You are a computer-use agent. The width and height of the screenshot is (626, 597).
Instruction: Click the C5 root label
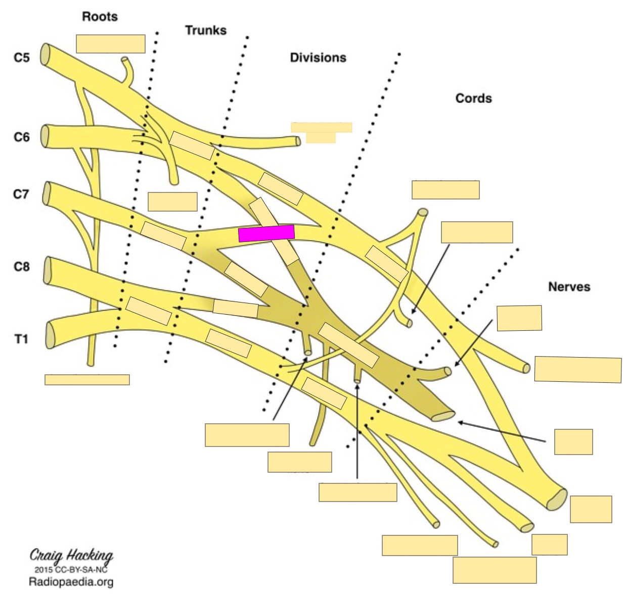coord(21,58)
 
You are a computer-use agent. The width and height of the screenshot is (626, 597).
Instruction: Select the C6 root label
coord(21,137)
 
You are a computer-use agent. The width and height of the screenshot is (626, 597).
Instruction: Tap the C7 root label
coord(21,194)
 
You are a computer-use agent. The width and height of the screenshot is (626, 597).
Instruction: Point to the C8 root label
coord(21,266)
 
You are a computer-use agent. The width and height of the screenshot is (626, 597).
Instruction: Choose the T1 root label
coord(21,339)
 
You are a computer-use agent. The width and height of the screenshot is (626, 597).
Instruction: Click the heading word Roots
coord(100,17)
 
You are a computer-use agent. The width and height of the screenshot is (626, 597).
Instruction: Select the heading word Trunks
coord(205,30)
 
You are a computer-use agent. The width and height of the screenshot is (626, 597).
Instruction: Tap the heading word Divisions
coord(318,58)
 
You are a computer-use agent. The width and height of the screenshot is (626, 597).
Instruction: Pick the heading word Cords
coord(473,98)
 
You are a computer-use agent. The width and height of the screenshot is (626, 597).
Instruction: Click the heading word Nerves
coord(569,287)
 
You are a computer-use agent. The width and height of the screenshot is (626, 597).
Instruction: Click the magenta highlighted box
coord(266,233)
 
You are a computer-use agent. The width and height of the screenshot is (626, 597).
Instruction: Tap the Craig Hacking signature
coord(71,556)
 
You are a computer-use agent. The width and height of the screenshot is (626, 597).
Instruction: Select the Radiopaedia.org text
coord(71,582)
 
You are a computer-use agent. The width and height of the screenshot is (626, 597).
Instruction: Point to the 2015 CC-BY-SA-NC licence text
coord(71,569)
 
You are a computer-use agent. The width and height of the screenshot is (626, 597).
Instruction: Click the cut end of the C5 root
coord(46,54)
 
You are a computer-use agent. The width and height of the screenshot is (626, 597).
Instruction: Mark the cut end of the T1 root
coord(50,335)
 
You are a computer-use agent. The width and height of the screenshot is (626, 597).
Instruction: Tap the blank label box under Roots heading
coord(111,44)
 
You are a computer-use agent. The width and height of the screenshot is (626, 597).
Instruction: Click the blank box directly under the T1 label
coord(87,380)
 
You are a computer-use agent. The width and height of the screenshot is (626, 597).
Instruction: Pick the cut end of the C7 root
coord(47,193)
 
